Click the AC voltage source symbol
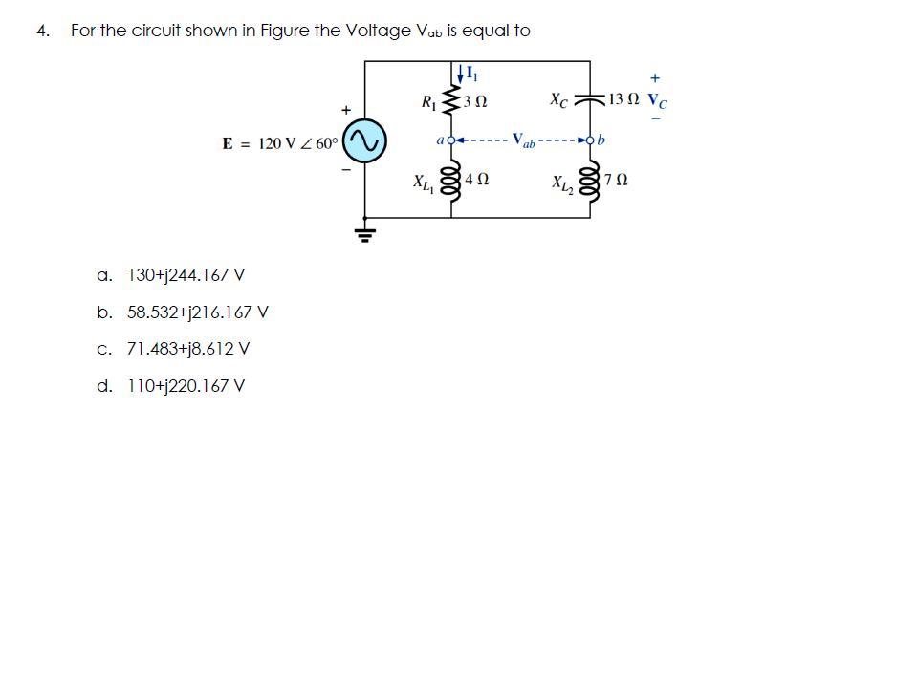coord(364,142)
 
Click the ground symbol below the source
coord(364,232)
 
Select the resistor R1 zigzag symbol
coord(451,101)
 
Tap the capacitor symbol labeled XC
coord(589,99)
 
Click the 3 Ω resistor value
coord(476,101)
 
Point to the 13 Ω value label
coord(624,99)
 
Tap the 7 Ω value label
coord(617,180)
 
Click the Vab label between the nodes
coord(523,140)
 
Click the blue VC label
coord(658,99)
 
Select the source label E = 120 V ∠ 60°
coord(280,143)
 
